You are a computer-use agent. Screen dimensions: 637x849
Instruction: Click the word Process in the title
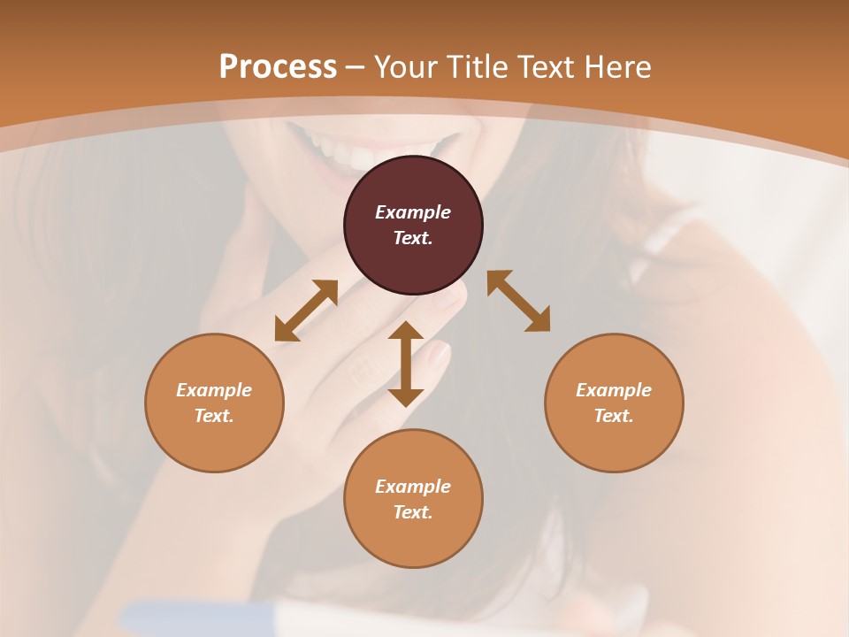(x=278, y=67)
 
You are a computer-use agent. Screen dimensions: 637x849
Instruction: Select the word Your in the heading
(x=408, y=67)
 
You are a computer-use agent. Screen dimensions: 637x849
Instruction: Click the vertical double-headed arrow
(x=406, y=364)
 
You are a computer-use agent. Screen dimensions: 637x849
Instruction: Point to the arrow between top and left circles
(x=306, y=311)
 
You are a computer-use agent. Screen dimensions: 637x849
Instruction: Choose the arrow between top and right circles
(x=518, y=301)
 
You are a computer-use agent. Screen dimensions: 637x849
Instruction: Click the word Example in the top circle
(x=413, y=212)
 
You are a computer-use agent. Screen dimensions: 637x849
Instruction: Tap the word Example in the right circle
(x=614, y=390)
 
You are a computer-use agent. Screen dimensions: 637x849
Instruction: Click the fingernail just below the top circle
(x=450, y=297)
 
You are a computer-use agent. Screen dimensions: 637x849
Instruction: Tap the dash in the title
(x=356, y=67)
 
